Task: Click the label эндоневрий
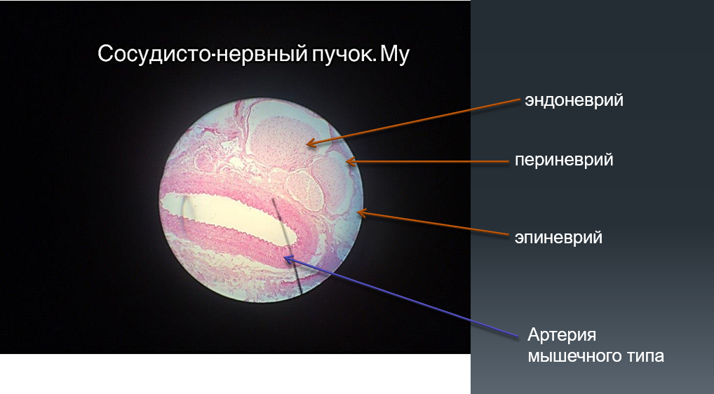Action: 574,100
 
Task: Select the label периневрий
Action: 564,160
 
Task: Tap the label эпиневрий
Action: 558,237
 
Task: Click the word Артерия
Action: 562,335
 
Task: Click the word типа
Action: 644,355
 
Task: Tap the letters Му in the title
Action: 395,55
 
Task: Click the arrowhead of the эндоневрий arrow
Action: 309,144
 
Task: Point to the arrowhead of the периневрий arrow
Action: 349,161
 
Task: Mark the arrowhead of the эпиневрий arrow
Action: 360,212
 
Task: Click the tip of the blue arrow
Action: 285,258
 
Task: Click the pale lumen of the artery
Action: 228,214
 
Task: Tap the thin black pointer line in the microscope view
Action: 287,245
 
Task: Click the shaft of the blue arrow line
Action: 402,297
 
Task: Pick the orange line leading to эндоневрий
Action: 414,121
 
